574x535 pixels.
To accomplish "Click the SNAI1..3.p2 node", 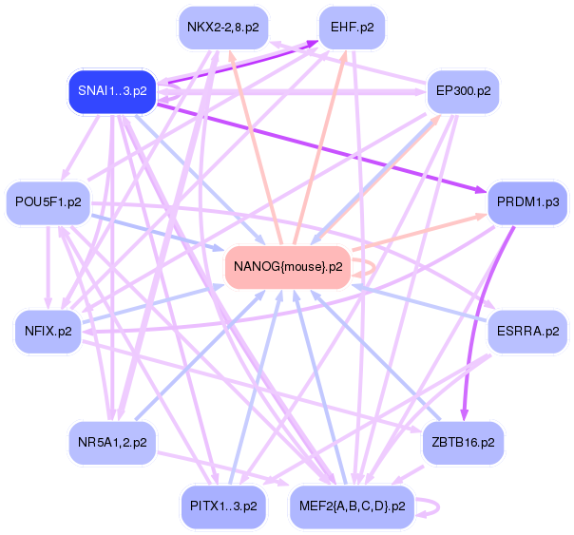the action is [112, 91].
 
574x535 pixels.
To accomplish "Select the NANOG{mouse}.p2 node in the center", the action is [288, 267].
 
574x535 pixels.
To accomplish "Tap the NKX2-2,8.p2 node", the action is [223, 28].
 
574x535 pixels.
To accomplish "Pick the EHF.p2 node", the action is [353, 28].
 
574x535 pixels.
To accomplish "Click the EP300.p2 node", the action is [464, 91].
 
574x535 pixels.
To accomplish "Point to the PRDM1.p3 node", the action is [527, 202].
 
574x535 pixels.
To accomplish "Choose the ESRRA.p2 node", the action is [527, 332].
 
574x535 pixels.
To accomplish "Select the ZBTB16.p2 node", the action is [463, 443].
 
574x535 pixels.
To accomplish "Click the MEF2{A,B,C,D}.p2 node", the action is [353, 506].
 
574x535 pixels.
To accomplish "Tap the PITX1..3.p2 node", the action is [223, 506].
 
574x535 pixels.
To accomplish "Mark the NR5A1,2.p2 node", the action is [112, 443].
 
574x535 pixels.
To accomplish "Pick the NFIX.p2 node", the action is [48, 332].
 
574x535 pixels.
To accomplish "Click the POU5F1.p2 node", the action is [48, 202].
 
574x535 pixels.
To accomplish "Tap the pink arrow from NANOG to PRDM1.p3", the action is [419, 233].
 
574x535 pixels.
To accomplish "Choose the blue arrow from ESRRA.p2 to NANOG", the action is [419, 304].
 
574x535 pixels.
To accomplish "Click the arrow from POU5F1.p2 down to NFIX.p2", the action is [48, 268].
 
